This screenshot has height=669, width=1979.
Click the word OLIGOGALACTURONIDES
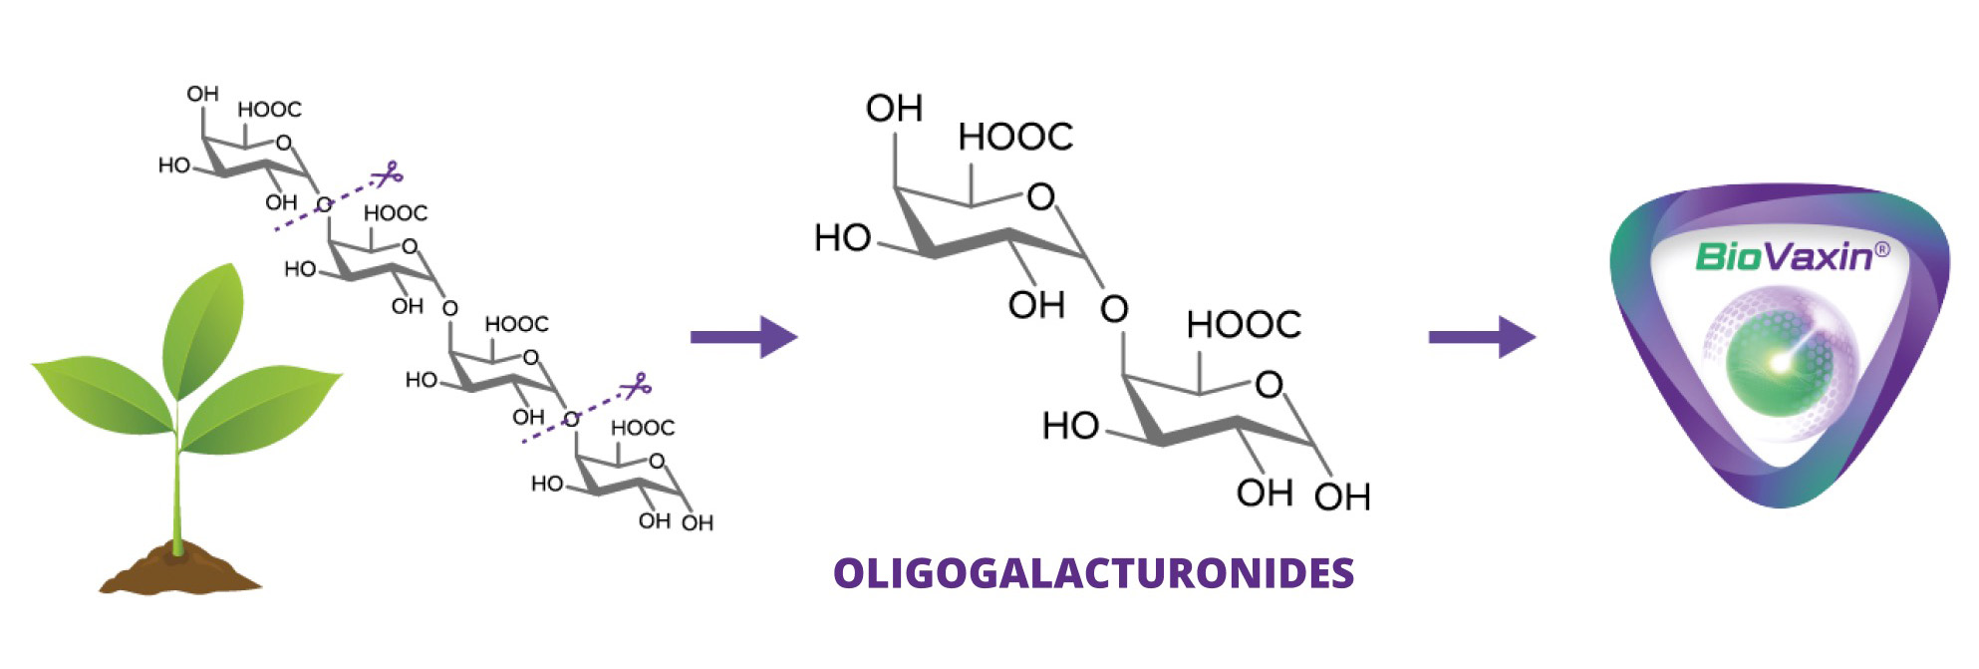click(1093, 573)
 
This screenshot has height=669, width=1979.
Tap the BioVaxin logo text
click(1783, 257)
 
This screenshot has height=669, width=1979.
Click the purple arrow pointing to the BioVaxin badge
click(1482, 337)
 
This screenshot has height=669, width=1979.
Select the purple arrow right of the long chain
click(743, 337)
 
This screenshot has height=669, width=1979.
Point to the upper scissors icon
click(387, 175)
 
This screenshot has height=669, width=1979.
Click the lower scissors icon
click(636, 386)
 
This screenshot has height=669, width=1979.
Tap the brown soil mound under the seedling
click(180, 569)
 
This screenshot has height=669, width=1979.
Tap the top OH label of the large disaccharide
click(894, 109)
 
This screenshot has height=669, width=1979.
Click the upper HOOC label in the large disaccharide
click(1015, 138)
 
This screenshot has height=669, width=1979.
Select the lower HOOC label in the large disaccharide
click(1244, 325)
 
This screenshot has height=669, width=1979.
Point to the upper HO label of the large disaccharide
click(842, 239)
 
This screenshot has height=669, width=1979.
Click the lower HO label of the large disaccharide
click(1070, 427)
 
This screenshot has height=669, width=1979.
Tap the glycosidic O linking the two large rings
click(1114, 309)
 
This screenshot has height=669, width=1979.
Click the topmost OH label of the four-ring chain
click(202, 95)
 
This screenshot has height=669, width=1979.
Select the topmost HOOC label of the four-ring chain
click(269, 110)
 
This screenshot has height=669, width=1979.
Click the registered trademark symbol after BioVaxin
click(1881, 249)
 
